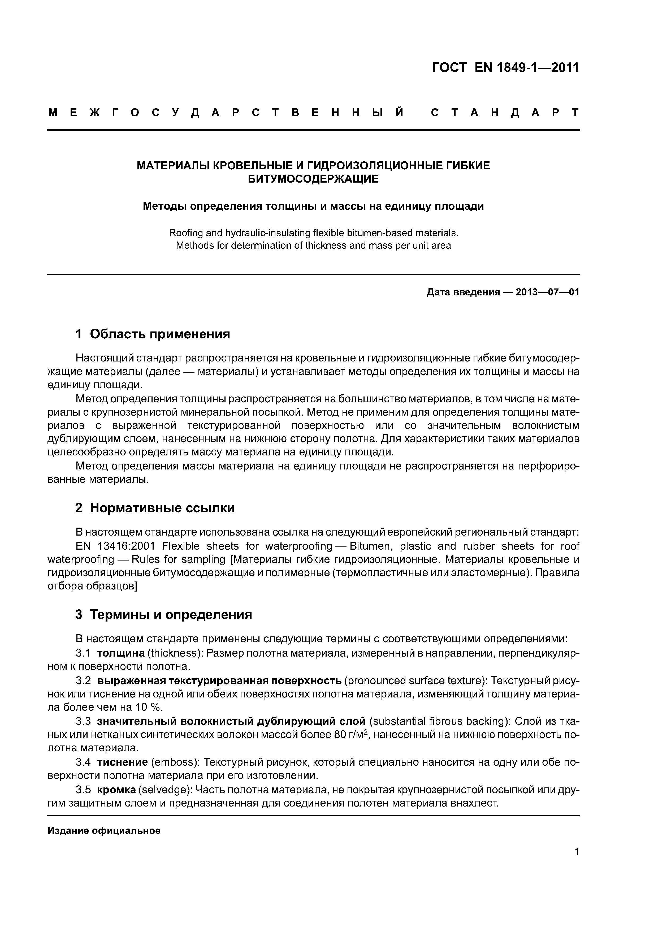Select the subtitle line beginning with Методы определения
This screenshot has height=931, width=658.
(x=313, y=206)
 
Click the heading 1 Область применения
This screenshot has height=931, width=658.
(x=153, y=334)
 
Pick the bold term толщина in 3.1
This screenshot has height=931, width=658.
(x=121, y=653)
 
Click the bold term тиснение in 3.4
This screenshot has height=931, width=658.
(x=122, y=762)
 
